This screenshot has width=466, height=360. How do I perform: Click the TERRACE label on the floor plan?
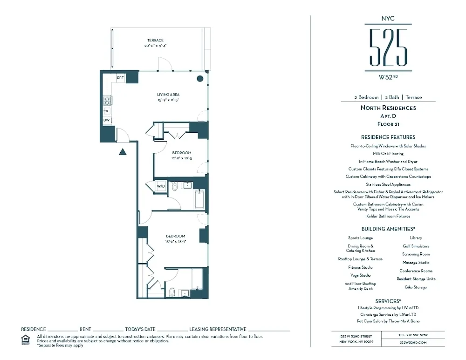point(155,41)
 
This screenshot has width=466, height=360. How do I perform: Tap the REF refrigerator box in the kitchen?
point(120,78)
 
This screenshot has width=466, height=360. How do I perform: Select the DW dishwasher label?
point(107,120)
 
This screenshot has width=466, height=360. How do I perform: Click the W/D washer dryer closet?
point(160,186)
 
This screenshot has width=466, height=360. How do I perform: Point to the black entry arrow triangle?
point(123,151)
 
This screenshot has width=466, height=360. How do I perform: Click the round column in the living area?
point(200,79)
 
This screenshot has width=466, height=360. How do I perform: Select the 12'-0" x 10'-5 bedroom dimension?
point(181,158)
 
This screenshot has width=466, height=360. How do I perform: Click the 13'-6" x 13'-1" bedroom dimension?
point(175,242)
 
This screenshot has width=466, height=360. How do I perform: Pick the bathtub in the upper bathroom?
point(199,199)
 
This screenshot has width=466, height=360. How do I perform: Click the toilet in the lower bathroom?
point(171,292)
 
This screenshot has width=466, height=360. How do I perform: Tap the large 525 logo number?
point(388,47)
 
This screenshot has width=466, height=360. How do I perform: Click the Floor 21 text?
point(388,124)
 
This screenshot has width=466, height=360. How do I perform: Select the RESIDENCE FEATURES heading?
point(388,137)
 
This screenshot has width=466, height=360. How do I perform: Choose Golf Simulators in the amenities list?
point(416,246)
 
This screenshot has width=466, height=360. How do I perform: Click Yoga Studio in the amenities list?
point(360,275)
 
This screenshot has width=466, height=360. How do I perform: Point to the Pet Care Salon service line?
point(388,321)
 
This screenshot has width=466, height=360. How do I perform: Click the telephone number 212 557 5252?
point(413,335)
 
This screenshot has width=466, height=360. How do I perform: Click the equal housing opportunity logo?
point(26,340)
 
